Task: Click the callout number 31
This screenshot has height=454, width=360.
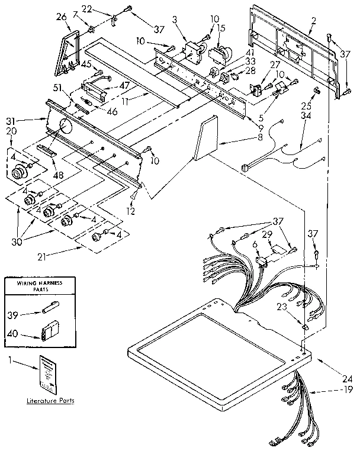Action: [11, 121]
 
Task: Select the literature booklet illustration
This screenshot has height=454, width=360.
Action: [48, 373]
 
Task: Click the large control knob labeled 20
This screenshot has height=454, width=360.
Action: [20, 172]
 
